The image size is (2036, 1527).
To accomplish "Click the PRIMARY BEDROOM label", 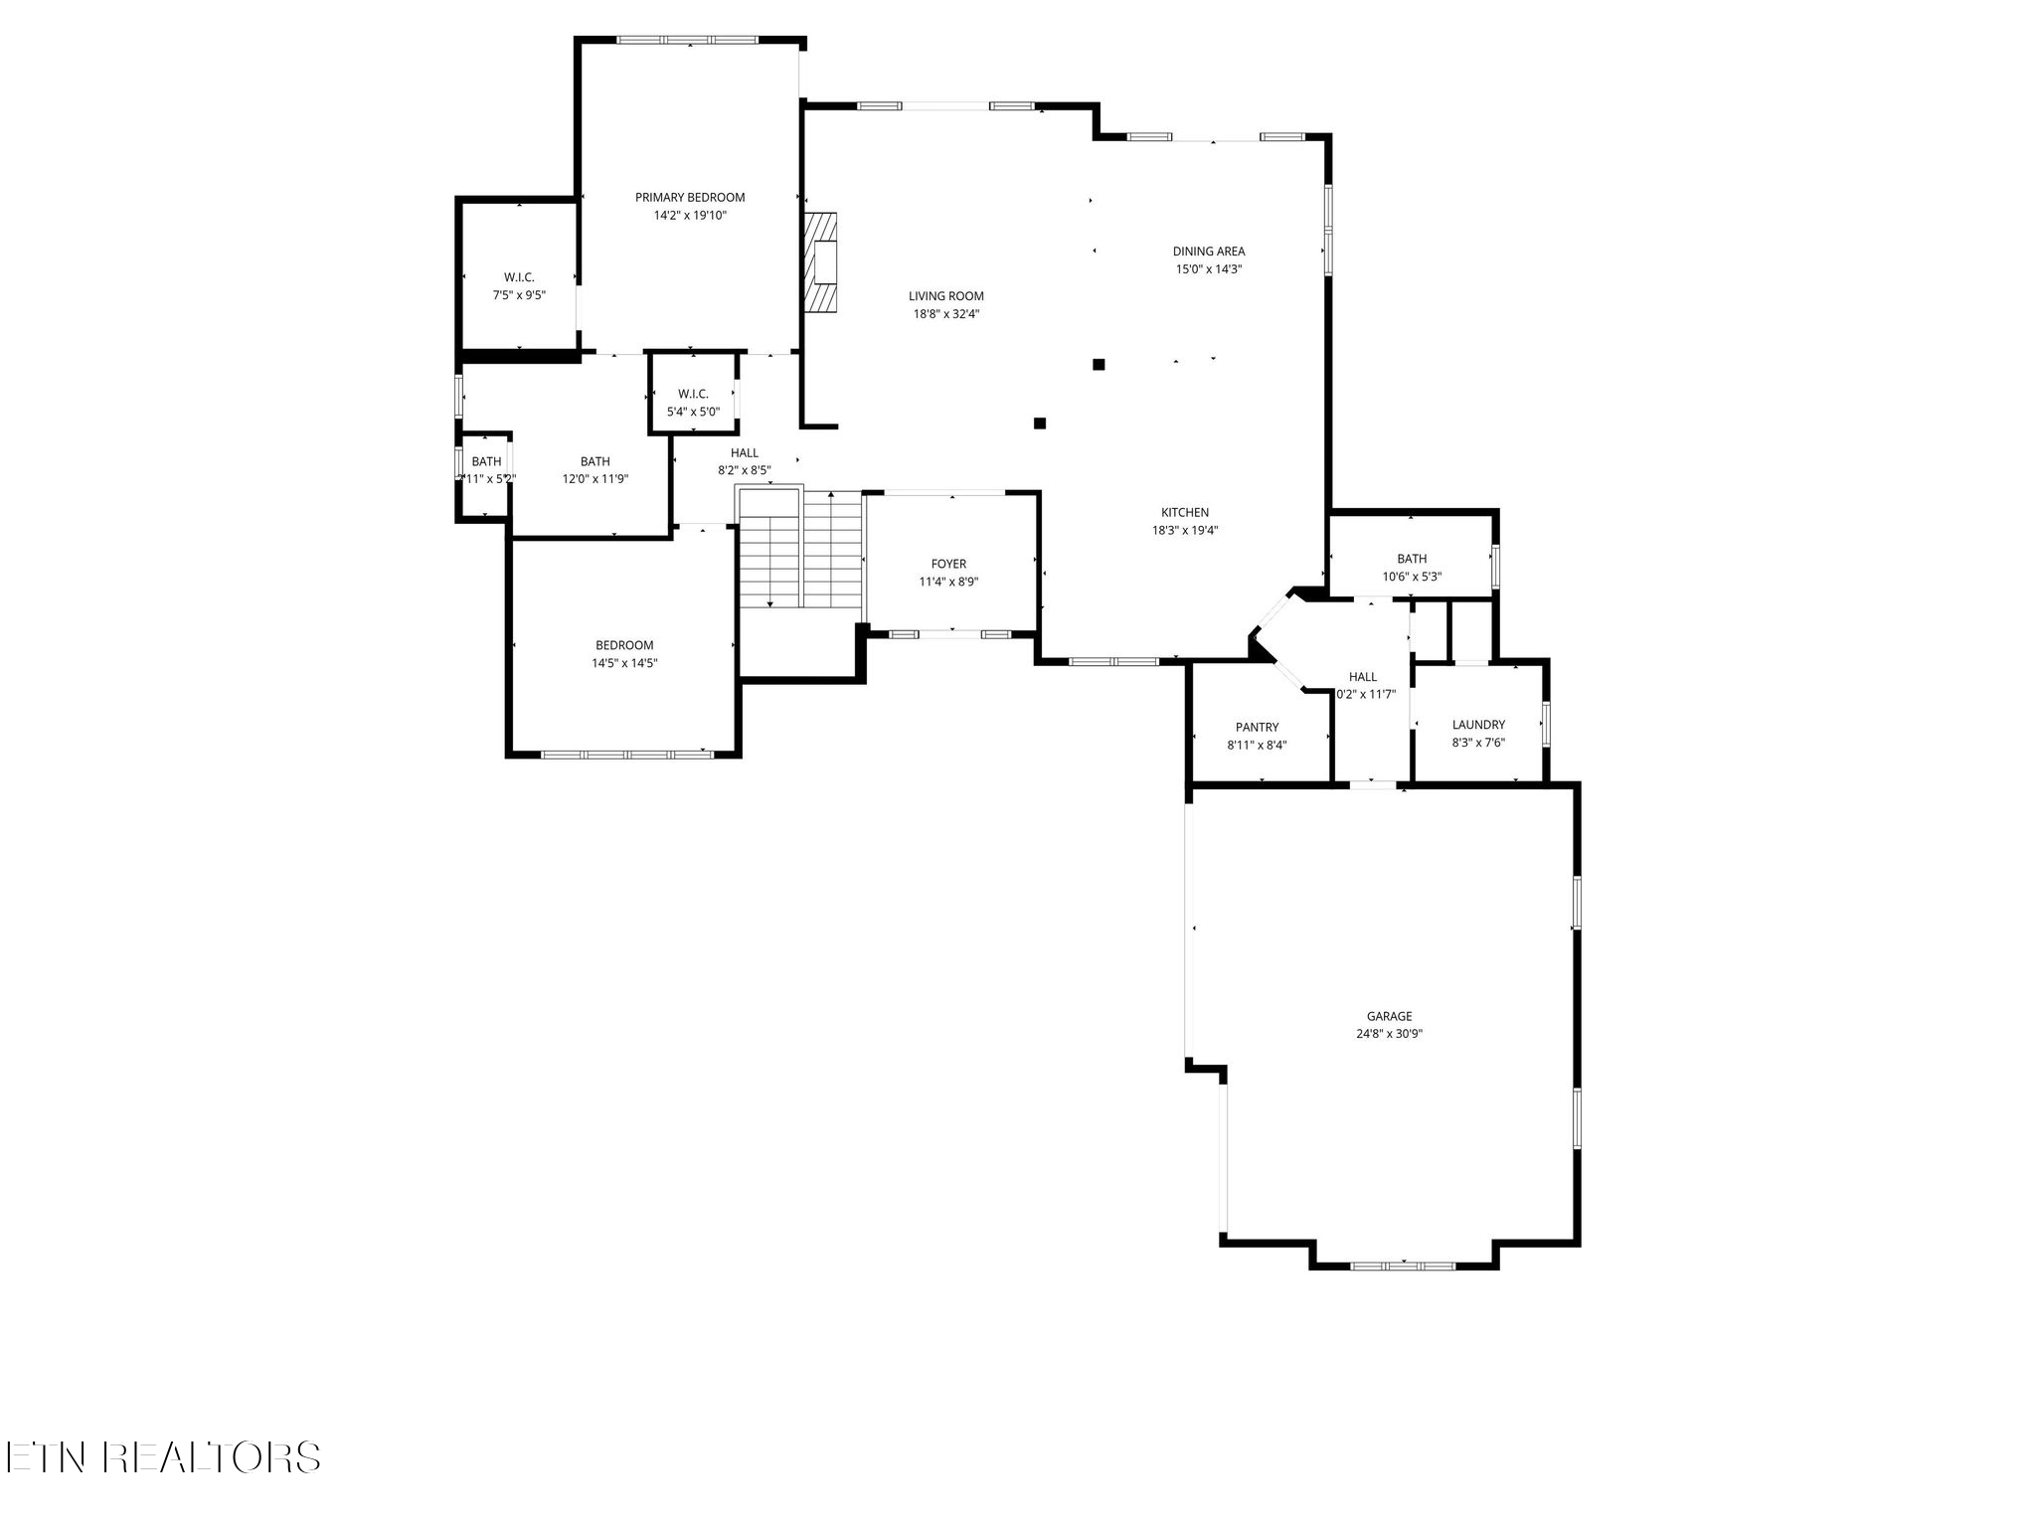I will point(690,198).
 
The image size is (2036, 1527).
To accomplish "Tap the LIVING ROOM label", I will point(945,296).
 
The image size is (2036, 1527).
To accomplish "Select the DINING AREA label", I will point(1208,252).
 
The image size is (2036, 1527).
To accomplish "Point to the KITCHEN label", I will point(1184,513).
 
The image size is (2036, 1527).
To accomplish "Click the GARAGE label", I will point(1389,1016).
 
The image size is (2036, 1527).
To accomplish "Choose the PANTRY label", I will point(1257,728).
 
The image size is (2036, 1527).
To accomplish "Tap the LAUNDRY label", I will point(1478,725).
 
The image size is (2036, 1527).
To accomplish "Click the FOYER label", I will point(948,565).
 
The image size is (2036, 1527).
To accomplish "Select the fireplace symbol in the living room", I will point(821,262).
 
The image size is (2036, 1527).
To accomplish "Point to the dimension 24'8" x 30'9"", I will point(1389,1034).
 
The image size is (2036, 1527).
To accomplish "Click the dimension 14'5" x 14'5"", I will point(624,663).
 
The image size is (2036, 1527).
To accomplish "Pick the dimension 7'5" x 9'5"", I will point(519,295).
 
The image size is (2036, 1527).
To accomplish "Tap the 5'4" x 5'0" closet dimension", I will point(693,412).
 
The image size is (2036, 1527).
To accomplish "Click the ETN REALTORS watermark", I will point(161,1457).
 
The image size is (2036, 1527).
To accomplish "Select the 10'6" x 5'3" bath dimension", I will point(1412,577).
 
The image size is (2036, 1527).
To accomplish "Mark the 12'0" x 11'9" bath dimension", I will point(595,479).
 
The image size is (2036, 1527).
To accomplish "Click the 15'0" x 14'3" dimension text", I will point(1209,269).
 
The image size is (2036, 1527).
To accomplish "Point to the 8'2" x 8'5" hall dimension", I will point(745,471).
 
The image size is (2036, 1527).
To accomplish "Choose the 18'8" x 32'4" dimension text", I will point(946,314).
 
